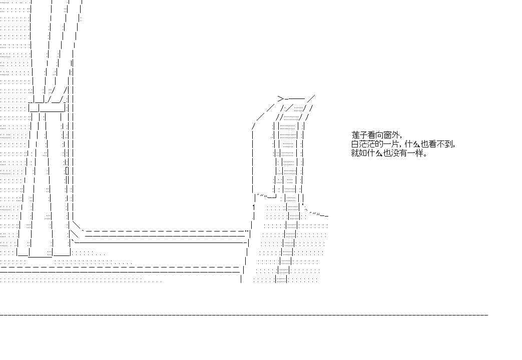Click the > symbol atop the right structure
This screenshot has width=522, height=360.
coord(281,98)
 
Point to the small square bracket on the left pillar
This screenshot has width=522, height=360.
coord(67,171)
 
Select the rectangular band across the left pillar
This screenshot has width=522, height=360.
coord(47,107)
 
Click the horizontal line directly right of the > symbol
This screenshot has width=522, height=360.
coord(295,99)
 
